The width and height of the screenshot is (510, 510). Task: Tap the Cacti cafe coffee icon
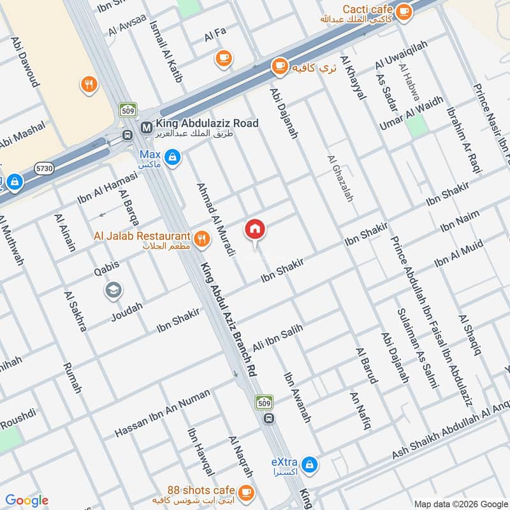[403, 11]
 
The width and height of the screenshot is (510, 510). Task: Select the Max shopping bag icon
[172, 156]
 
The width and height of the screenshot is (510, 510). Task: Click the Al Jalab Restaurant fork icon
[201, 238]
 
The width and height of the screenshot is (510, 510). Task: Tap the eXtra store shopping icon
[309, 464]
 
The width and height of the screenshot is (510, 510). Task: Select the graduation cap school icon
[113, 291]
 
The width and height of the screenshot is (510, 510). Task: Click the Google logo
[27, 500]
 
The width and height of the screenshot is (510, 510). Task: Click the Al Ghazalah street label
[340, 178]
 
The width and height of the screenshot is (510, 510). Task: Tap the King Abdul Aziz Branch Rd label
[228, 323]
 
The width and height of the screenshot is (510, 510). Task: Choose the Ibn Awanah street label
[297, 398]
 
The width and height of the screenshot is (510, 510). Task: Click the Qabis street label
[106, 271]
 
